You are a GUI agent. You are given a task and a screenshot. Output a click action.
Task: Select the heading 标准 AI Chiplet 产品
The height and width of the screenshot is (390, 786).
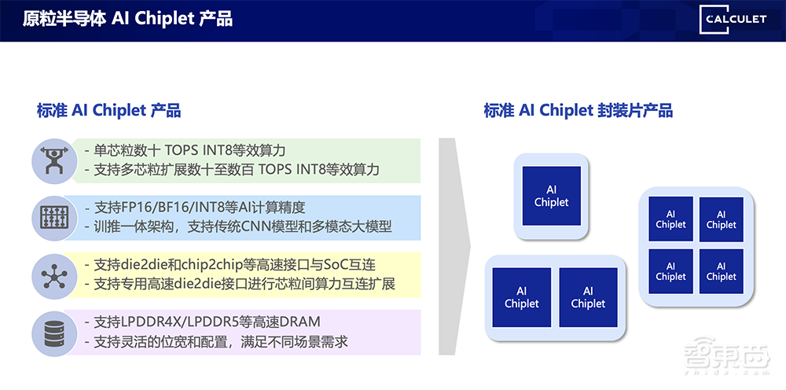[x=108, y=110]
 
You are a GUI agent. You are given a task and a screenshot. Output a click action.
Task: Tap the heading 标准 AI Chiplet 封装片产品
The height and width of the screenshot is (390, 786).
[x=578, y=110]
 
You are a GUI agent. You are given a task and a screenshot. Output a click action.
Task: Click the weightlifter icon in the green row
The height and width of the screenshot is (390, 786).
[x=54, y=160]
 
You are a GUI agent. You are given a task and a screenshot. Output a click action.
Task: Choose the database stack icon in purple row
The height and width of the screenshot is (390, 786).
[x=54, y=331]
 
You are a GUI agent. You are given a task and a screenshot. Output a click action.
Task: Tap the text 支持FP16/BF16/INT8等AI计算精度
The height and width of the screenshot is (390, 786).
[x=199, y=208]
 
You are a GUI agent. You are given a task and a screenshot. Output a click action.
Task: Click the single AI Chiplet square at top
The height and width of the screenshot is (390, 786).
[x=551, y=197]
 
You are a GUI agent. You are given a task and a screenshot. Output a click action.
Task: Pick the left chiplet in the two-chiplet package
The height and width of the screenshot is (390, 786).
[x=522, y=297]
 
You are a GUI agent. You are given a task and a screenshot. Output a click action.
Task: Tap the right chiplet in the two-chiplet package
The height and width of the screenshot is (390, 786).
[x=588, y=297]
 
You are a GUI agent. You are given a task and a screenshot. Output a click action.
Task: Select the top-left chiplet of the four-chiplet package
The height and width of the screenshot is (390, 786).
[x=670, y=219]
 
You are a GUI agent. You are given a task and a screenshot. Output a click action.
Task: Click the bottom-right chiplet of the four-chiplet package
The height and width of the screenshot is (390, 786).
[x=721, y=271]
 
